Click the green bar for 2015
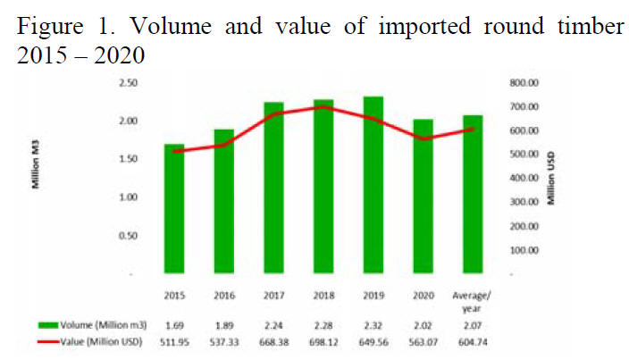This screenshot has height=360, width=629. (x=174, y=209)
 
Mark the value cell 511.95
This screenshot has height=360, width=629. (x=174, y=340)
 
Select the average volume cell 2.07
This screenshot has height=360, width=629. (x=474, y=322)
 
